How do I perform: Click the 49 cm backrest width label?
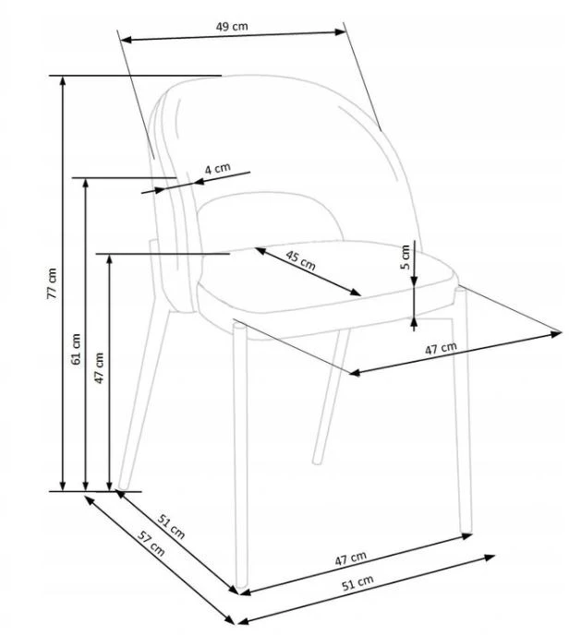[232, 27]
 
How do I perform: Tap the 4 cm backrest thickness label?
[217, 168]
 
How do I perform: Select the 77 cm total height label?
[53, 283]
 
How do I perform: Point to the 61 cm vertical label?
[76, 349]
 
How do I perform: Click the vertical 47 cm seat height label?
[99, 367]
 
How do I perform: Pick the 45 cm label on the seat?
[300, 260]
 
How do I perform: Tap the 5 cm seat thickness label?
[405, 258]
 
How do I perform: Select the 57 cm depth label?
[151, 543]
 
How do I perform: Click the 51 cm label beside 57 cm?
[172, 526]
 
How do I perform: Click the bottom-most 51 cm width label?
[357, 582]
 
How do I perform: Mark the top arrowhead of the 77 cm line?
[63, 80]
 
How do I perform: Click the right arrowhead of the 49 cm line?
[340, 32]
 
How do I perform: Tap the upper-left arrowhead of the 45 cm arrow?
[260, 251]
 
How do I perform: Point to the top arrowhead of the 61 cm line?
[86, 182]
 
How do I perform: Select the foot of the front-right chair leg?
[466, 529]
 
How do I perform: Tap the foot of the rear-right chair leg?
[318, 461]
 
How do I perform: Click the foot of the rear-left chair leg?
[123, 485]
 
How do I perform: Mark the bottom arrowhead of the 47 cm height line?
[109, 486]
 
